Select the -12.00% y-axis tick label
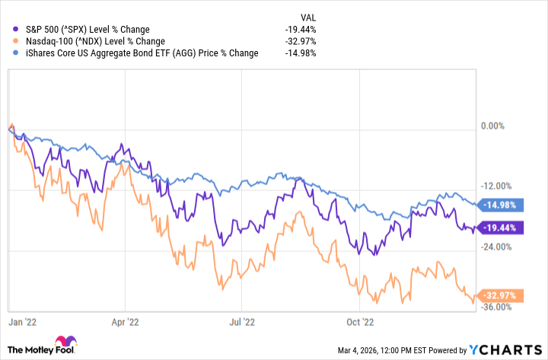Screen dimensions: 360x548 point(495,186)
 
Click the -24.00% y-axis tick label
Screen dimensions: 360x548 point(495,247)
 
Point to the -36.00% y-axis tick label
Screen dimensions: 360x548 point(495,307)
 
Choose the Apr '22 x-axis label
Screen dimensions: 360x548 point(123,322)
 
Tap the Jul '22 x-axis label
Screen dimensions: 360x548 point(241,322)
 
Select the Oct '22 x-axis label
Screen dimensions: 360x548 point(361,322)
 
